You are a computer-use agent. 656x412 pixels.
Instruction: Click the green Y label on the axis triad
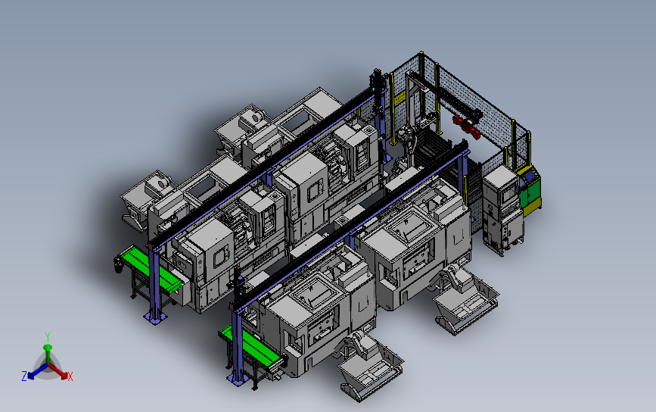(x=48, y=337)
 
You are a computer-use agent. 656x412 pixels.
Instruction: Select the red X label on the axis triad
(x=70, y=376)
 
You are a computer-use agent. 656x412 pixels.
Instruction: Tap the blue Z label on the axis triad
(x=24, y=376)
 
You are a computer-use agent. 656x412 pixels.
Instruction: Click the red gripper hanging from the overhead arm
(x=466, y=125)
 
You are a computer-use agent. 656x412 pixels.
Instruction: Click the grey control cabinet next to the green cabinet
(x=503, y=209)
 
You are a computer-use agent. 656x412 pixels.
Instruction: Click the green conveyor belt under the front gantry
(x=251, y=346)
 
